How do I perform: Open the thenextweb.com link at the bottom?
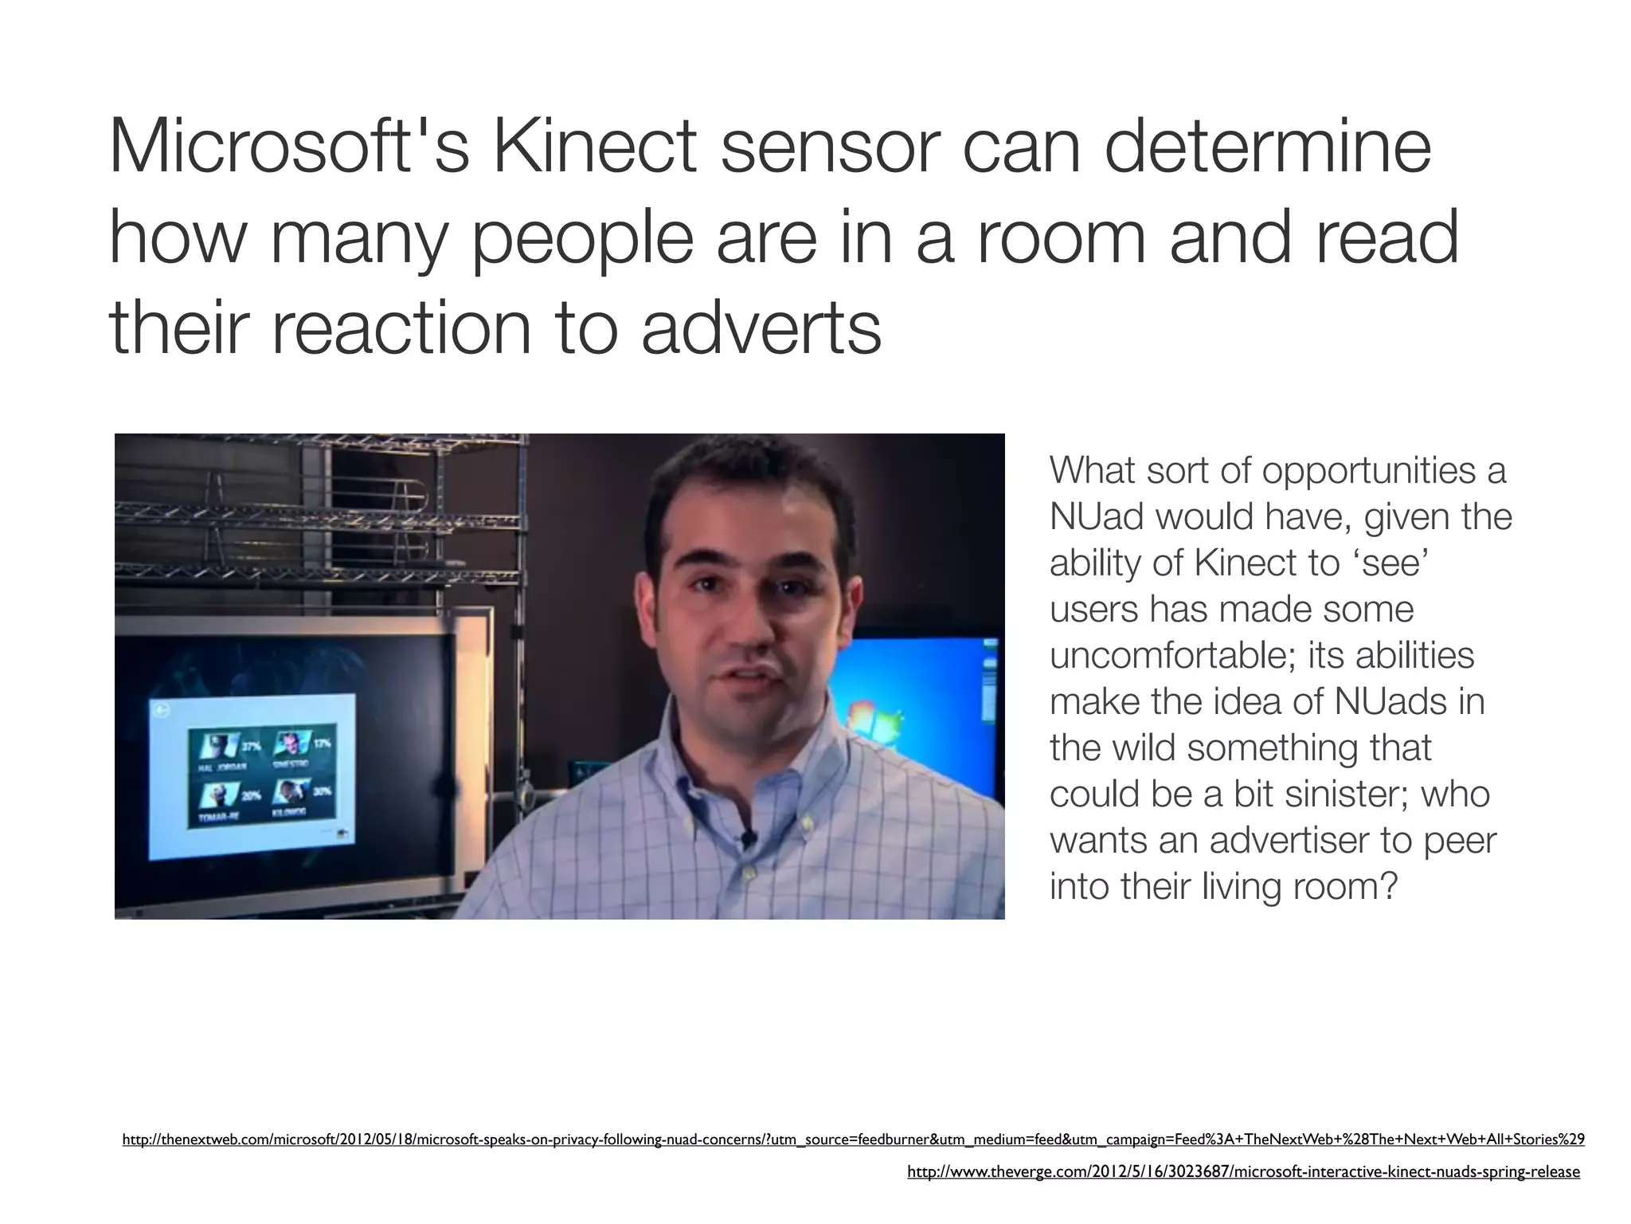click(x=853, y=1140)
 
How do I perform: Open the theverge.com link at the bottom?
click(x=1243, y=1171)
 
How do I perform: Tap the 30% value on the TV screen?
click(x=322, y=791)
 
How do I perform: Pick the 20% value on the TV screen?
click(x=251, y=796)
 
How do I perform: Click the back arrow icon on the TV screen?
click(x=163, y=712)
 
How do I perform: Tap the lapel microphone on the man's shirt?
click(x=747, y=838)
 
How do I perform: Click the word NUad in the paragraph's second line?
click(x=1097, y=516)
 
